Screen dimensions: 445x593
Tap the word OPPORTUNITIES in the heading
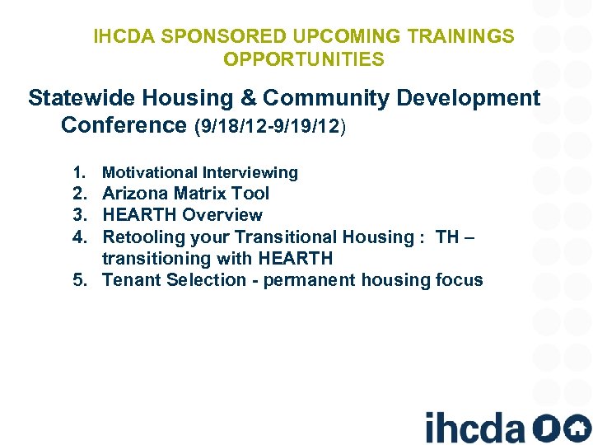(303, 59)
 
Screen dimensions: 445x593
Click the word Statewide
(81, 98)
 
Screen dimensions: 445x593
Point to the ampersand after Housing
(247, 98)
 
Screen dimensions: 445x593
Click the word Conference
(124, 125)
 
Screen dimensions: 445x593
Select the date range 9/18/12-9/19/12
(270, 126)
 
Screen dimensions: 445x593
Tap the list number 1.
(79, 172)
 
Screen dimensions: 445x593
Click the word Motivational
(147, 172)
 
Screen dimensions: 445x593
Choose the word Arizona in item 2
(134, 194)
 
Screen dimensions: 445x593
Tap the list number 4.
(79, 237)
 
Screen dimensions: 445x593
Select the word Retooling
(142, 237)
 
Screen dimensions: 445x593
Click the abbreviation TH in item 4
(447, 237)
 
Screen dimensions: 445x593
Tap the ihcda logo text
(474, 427)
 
